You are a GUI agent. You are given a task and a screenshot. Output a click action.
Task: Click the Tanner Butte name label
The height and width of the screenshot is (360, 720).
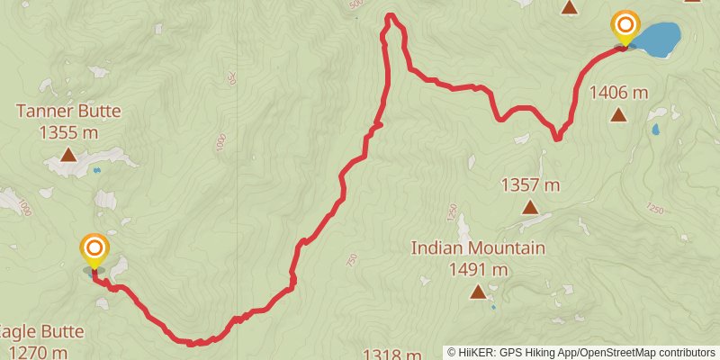[68, 112]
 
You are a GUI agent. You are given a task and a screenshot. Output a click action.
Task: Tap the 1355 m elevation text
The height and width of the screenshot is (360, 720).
[68, 131]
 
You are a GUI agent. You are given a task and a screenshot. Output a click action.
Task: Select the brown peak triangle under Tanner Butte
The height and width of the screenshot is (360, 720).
[68, 155]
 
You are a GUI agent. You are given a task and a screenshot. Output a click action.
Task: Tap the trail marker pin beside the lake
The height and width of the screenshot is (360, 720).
[625, 27]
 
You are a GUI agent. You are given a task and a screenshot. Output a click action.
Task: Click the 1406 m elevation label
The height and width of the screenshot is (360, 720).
[618, 92]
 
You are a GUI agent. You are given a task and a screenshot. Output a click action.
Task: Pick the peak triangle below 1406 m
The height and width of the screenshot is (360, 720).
[618, 114]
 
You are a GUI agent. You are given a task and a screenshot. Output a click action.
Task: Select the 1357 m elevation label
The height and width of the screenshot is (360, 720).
[530, 185]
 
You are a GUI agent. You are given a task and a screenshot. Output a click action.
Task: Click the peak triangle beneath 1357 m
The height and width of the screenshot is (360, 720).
[530, 208]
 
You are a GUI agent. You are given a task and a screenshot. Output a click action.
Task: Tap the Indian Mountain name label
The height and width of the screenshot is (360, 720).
[478, 247]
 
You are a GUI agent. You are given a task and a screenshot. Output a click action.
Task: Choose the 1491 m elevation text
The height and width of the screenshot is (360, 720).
[478, 268]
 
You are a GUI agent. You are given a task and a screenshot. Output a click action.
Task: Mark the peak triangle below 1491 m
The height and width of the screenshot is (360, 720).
[478, 291]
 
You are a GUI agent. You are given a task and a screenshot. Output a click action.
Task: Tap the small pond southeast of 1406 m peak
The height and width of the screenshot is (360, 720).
[656, 130]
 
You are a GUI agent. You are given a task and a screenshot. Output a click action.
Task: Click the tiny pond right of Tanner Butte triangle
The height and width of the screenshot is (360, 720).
[96, 168]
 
